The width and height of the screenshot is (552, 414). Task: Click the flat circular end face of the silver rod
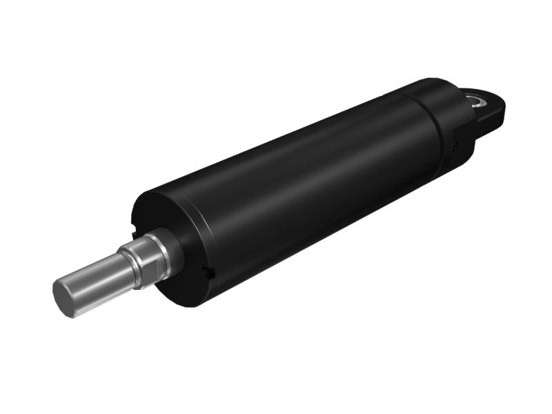click(64, 297)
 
